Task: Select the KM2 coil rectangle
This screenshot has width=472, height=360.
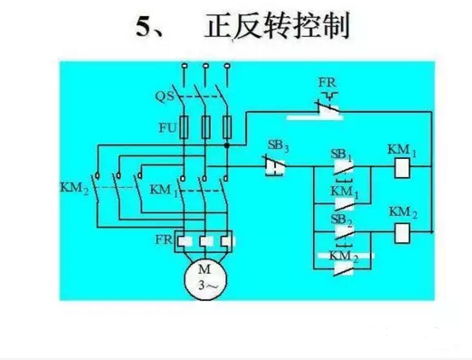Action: click(400, 232)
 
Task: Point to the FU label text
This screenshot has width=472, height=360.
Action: click(167, 126)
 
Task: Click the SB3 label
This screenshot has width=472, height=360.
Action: click(278, 147)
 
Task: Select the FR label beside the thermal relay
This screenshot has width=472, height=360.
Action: click(163, 239)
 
